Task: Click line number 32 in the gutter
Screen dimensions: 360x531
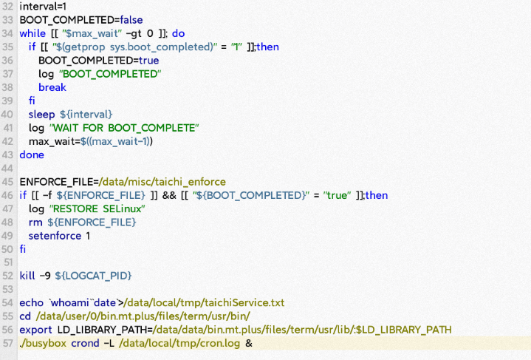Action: click(x=8, y=7)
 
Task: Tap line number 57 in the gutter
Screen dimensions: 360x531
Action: click(x=8, y=343)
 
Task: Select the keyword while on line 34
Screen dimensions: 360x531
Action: click(x=32, y=33)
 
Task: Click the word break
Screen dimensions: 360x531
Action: click(x=52, y=87)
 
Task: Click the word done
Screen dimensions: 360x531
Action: click(x=32, y=154)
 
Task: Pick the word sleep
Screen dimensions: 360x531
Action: click(x=41, y=114)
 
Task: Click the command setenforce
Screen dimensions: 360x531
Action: click(x=55, y=236)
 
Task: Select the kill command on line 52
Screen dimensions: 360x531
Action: click(x=27, y=276)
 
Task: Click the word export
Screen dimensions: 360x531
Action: click(x=36, y=330)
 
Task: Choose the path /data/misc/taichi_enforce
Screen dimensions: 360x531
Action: click(x=163, y=182)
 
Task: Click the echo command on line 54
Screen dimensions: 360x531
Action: click(x=32, y=302)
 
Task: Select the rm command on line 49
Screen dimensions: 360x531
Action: click(x=35, y=222)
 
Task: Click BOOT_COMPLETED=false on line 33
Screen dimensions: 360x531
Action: click(x=71, y=20)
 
